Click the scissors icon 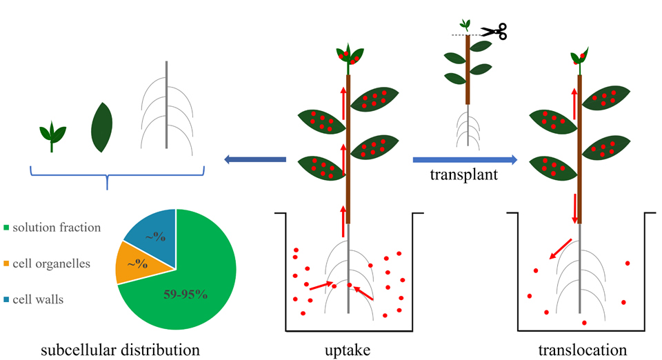point(494,31)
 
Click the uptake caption point(348,350)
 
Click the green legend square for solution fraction point(8,228)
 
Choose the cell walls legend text point(43,299)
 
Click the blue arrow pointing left point(254,160)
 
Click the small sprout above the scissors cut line point(468,24)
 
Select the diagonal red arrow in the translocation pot point(561,249)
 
